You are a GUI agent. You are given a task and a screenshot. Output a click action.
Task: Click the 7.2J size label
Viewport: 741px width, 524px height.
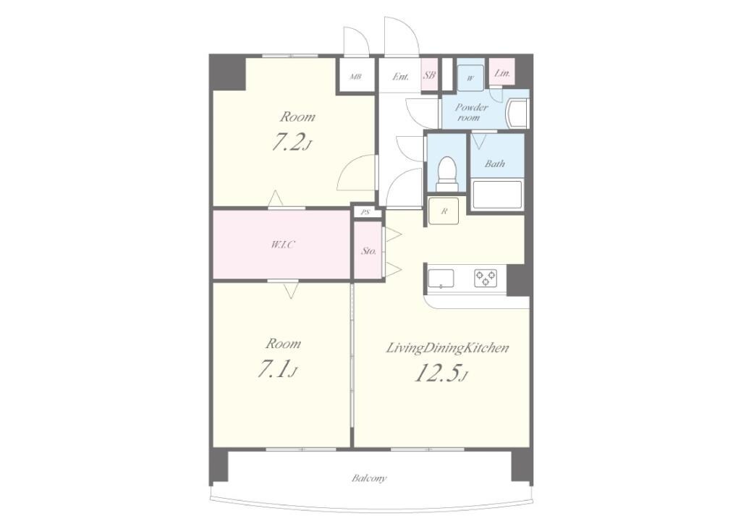tap(291, 143)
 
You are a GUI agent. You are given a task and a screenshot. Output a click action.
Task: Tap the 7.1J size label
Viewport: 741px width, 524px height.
tap(277, 370)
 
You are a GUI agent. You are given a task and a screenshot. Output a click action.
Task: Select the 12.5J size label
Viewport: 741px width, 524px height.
tap(441, 373)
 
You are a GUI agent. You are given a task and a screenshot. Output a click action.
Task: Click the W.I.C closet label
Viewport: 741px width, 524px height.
tap(283, 245)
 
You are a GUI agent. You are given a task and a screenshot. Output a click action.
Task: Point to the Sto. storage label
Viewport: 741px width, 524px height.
tap(368, 251)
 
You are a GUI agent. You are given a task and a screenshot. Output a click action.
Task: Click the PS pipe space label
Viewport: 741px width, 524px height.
tap(365, 213)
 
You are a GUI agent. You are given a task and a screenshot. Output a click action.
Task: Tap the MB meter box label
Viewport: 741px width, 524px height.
tap(355, 77)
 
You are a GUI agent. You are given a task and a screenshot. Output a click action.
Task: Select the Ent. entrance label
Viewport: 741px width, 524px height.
tap(401, 77)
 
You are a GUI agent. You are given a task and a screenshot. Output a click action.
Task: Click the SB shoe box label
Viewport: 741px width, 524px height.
tap(429, 75)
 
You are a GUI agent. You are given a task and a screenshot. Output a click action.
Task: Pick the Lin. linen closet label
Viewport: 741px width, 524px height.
tap(502, 73)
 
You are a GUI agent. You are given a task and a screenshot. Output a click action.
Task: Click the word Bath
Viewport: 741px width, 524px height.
tap(495, 164)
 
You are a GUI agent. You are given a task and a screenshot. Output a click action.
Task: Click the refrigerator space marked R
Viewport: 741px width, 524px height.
tap(444, 211)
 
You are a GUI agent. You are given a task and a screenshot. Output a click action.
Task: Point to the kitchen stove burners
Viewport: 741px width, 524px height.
tap(486, 278)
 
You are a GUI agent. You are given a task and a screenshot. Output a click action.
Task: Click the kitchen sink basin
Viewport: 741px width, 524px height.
tap(441, 279)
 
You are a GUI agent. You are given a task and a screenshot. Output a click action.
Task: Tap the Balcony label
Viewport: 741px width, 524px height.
tap(368, 478)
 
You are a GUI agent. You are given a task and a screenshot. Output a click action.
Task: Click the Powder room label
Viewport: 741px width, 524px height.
tap(470, 112)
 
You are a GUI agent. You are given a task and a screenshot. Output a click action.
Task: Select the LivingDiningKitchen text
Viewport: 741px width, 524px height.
tap(447, 349)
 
